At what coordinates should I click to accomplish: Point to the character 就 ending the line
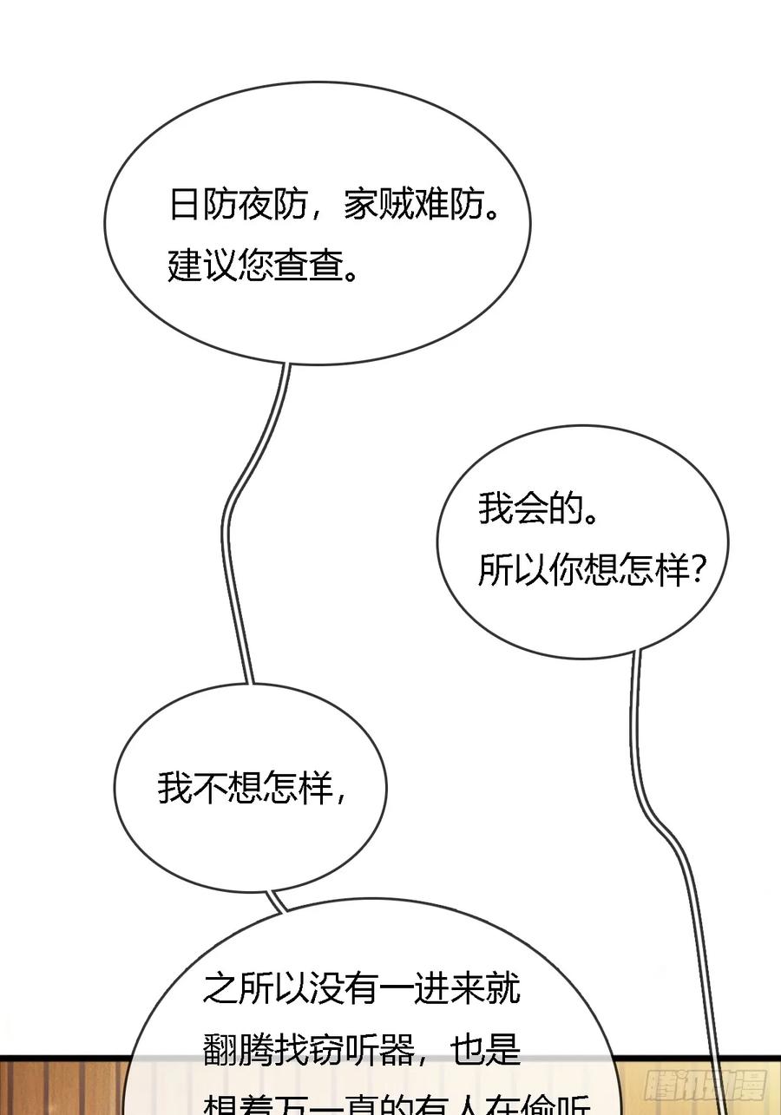coord(503,988)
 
